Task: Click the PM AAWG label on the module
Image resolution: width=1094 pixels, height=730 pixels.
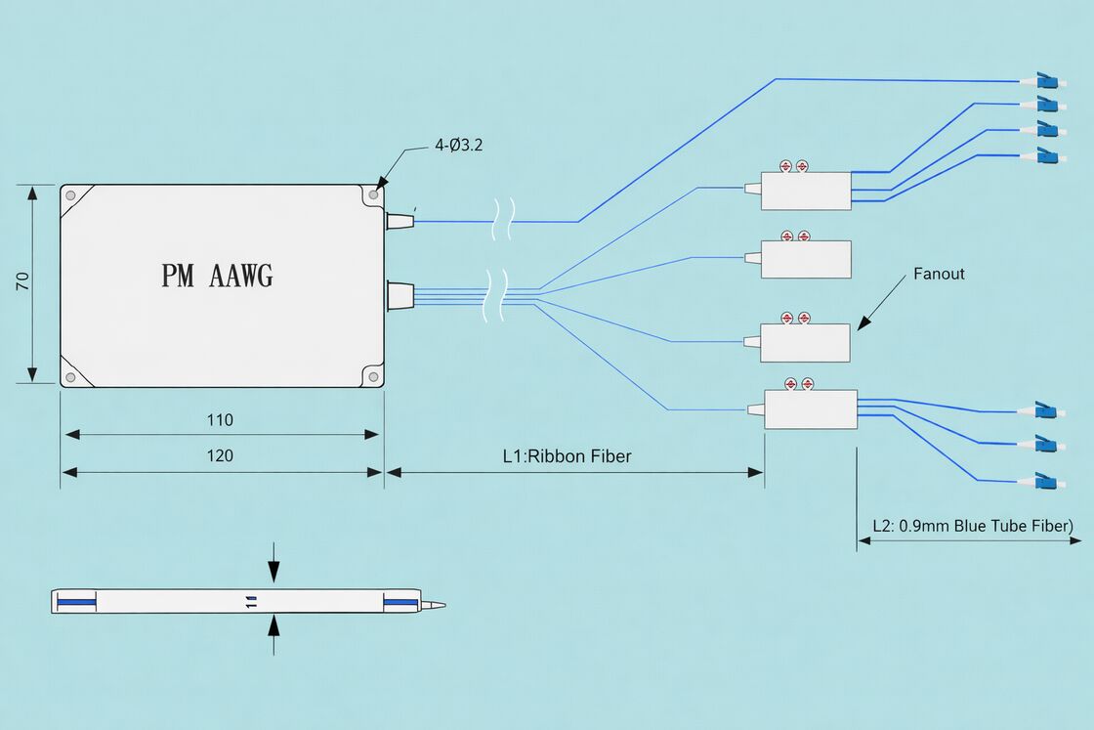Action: (217, 276)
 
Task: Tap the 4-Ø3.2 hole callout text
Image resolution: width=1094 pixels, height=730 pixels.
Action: (458, 146)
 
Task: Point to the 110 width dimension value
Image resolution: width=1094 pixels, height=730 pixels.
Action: (220, 420)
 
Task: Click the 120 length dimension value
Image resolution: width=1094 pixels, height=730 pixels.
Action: (220, 455)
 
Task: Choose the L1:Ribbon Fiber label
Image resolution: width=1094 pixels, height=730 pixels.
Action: (567, 455)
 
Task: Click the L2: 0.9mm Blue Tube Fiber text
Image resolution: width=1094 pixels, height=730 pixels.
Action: (972, 525)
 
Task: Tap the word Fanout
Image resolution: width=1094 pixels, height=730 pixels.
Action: (938, 274)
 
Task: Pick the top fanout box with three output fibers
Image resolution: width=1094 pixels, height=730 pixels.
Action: (805, 191)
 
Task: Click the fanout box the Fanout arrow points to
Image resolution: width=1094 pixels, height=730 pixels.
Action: (805, 342)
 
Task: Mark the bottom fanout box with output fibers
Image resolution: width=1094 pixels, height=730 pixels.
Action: (810, 408)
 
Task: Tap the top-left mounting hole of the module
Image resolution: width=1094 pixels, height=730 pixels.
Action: (70, 195)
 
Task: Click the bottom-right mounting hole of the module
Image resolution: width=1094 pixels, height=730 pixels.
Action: (372, 375)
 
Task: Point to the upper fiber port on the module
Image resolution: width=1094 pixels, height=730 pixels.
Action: (400, 221)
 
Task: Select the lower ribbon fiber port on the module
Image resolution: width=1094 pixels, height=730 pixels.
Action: (400, 294)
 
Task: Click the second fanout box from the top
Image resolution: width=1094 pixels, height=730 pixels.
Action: (805, 259)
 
